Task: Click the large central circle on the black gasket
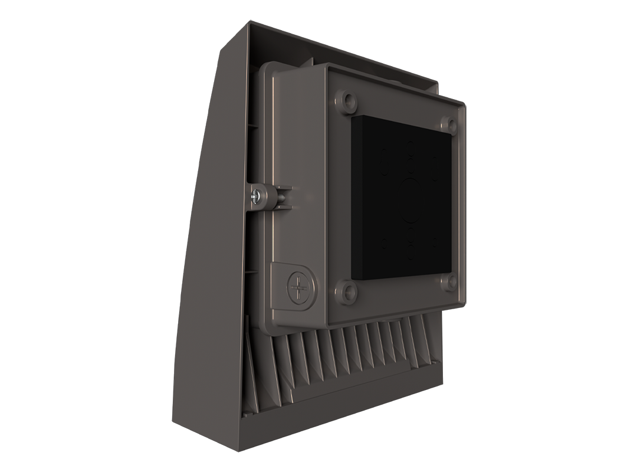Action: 411,200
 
